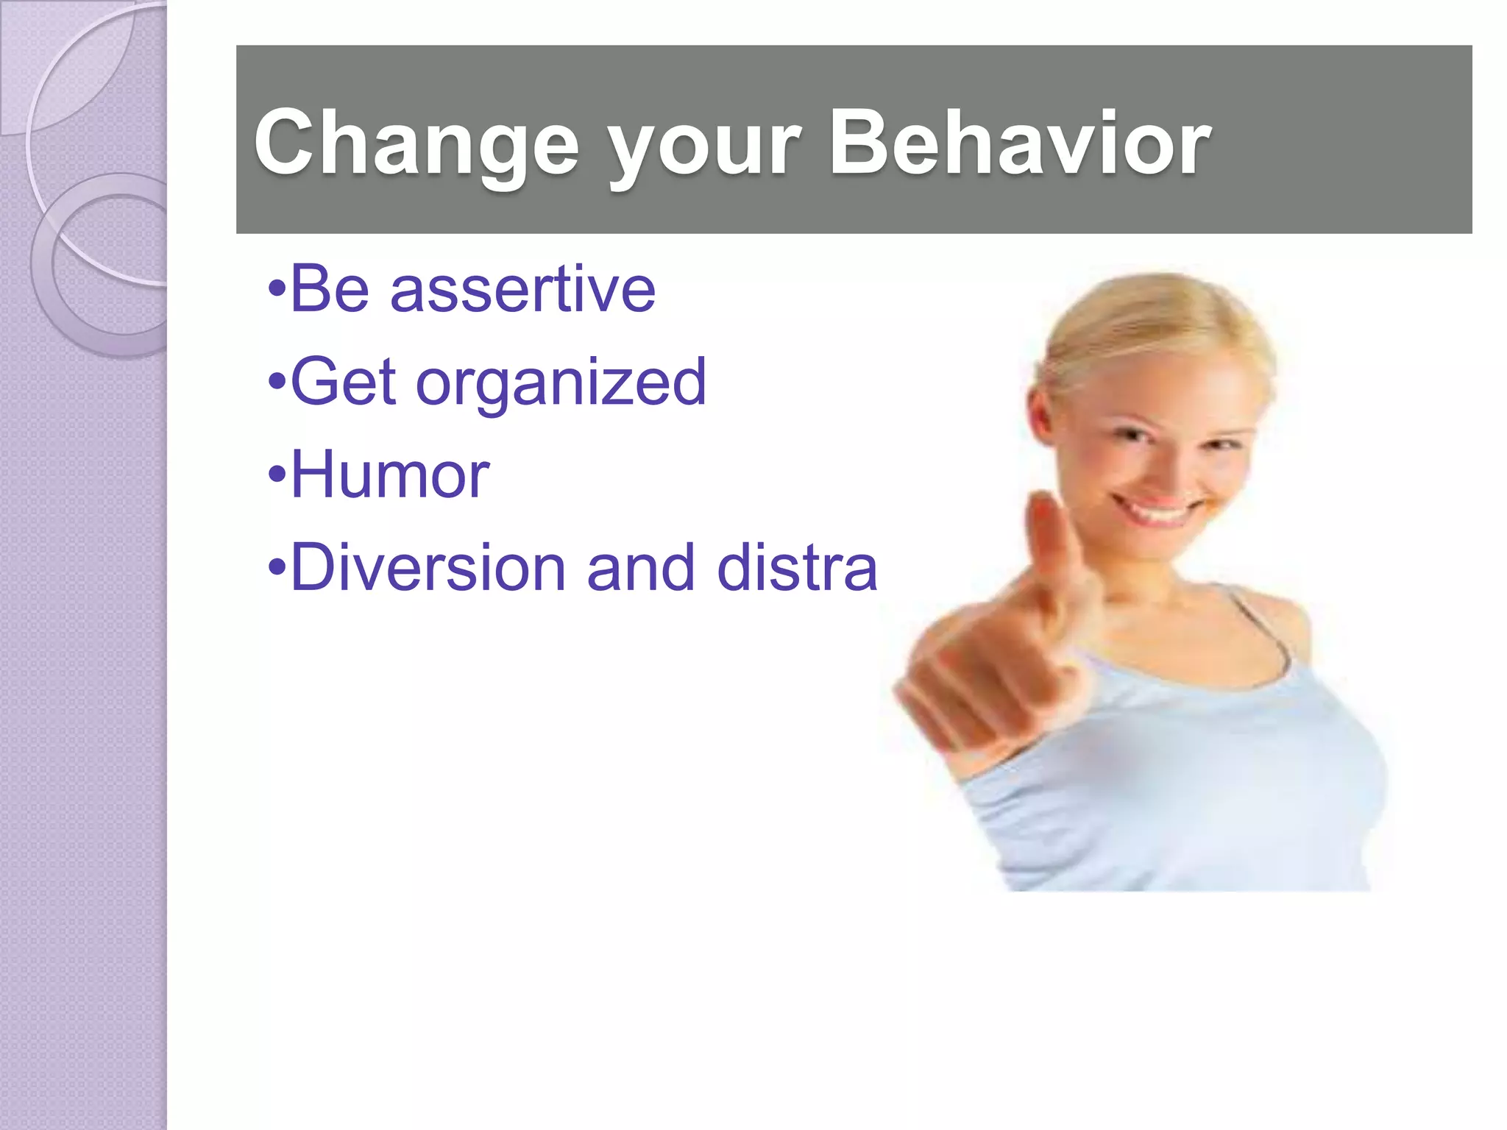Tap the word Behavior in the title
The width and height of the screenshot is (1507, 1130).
point(1019,143)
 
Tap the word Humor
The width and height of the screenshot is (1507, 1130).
point(390,475)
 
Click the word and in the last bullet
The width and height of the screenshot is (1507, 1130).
point(640,567)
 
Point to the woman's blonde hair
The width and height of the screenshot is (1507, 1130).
point(1155,324)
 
